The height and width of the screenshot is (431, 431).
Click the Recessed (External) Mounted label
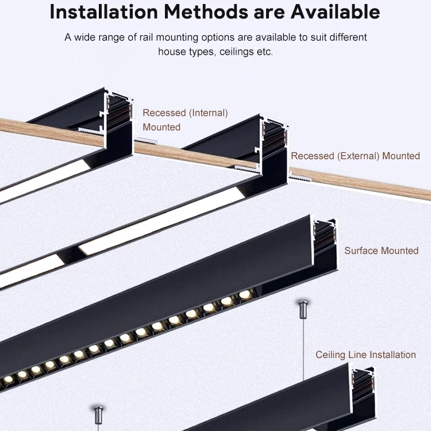pos(355,156)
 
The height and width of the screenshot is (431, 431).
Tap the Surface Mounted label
pos(382,251)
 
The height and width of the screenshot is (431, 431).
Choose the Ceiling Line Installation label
pos(365,355)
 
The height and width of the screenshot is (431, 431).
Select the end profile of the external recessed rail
pos(274,144)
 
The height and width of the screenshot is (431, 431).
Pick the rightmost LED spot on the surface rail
pos(245,294)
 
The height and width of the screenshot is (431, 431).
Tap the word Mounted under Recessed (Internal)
pos(161,127)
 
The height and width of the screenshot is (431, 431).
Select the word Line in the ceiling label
pos(358,355)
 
